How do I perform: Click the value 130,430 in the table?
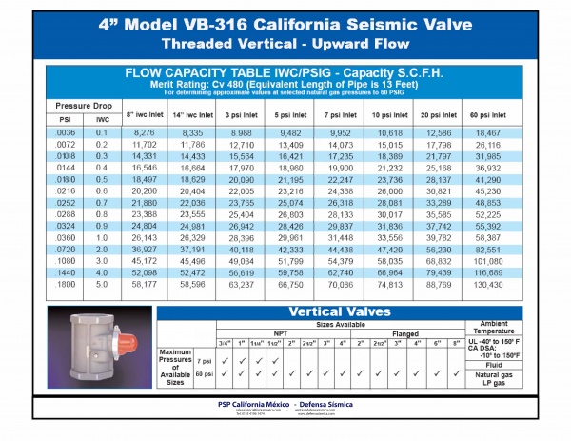pos(486,284)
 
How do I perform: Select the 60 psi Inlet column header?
pos(486,113)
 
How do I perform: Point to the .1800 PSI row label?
pos(67,284)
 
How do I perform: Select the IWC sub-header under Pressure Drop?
pos(102,119)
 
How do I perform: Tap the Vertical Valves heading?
pos(310,312)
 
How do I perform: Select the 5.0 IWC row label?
pos(102,284)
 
